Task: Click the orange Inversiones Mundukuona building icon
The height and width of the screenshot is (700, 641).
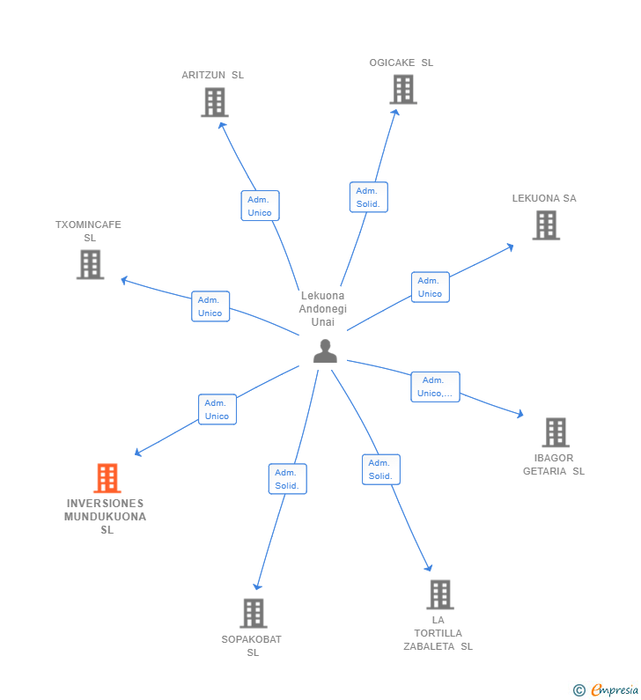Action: pos(107,478)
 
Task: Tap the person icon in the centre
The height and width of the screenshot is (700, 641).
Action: pos(325,351)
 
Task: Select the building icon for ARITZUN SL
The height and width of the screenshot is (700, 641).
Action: pos(214,102)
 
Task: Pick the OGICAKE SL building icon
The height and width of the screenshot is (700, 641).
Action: pos(402,89)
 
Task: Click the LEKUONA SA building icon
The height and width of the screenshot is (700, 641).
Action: pos(546,225)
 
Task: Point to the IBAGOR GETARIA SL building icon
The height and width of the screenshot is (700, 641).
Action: pos(555,432)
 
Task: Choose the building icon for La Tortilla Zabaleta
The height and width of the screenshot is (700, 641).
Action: pos(439,594)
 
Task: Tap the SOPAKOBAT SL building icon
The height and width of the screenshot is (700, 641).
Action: pos(253,613)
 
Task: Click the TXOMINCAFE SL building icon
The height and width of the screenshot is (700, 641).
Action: pos(90,264)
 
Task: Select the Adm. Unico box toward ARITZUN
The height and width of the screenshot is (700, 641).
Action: pos(260,206)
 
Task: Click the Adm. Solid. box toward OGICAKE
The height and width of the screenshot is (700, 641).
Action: pos(368,197)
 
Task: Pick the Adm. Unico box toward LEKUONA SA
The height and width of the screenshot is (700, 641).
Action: pos(430,287)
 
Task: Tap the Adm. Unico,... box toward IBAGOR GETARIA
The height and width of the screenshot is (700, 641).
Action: pos(435,387)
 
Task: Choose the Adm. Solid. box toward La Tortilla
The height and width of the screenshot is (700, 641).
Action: pos(380,469)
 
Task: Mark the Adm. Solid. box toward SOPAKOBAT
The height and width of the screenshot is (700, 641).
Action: pos(287,479)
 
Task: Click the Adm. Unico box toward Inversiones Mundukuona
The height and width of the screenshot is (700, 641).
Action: pos(217,409)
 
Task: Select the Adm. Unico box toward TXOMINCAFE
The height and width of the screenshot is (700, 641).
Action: pos(210,306)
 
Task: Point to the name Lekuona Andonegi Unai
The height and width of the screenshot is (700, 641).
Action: pos(323,309)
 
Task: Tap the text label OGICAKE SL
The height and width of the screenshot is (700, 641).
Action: pos(402,63)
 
